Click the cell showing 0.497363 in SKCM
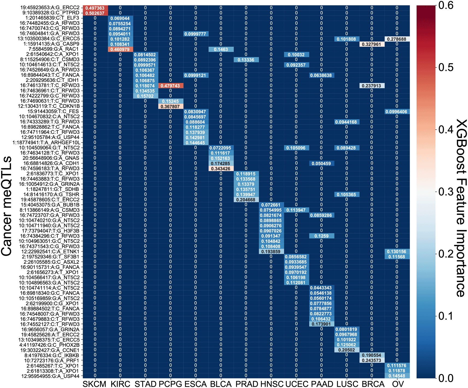[x=95, y=8]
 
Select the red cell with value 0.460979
[x=120, y=49]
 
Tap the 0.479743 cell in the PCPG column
[x=170, y=86]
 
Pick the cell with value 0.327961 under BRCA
[x=372, y=44]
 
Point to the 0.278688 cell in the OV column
[x=397, y=39]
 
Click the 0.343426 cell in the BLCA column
[x=221, y=169]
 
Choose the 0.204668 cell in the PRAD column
[x=246, y=200]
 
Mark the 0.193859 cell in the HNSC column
[x=271, y=251]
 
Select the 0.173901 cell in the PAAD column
[x=321, y=324]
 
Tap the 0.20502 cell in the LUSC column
[x=346, y=350]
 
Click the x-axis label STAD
[x=145, y=384]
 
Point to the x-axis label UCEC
[x=296, y=384]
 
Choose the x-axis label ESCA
[x=196, y=384]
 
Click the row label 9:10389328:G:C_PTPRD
[x=51, y=13]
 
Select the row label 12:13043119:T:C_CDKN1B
[x=49, y=106]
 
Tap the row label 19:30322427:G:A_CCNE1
[x=50, y=350]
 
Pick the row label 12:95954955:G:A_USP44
[x=50, y=376]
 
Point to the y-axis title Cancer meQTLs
[x=7, y=206]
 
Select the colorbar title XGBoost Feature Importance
[x=461, y=208]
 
